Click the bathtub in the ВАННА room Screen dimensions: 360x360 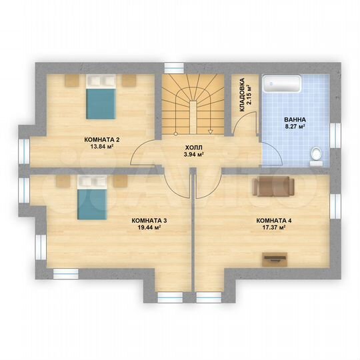pyautogui.click(x=282, y=84)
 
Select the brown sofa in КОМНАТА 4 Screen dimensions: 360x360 pyautogui.click(x=273, y=186)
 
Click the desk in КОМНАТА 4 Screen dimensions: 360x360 pyautogui.click(x=275, y=259)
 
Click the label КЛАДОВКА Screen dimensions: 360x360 pyautogui.click(x=242, y=95)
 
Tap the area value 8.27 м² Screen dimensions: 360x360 pyautogui.click(x=295, y=126)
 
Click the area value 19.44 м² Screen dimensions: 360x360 pyautogui.click(x=149, y=227)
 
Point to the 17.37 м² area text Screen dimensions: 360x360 pyautogui.click(x=274, y=227)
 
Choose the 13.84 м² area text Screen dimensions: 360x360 pyautogui.click(x=102, y=146)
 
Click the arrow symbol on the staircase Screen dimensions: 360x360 pyautogui.click(x=210, y=131)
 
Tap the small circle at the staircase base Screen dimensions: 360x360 pyautogui.click(x=175, y=133)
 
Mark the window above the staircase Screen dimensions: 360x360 pyautogui.click(x=174, y=68)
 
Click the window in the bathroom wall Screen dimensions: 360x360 pyautogui.click(x=335, y=135)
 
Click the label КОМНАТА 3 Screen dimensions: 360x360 pyautogui.click(x=149, y=221)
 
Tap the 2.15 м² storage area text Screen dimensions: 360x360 pyautogui.click(x=249, y=95)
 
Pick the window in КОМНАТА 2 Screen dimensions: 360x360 pyautogui.click(x=24, y=151)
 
